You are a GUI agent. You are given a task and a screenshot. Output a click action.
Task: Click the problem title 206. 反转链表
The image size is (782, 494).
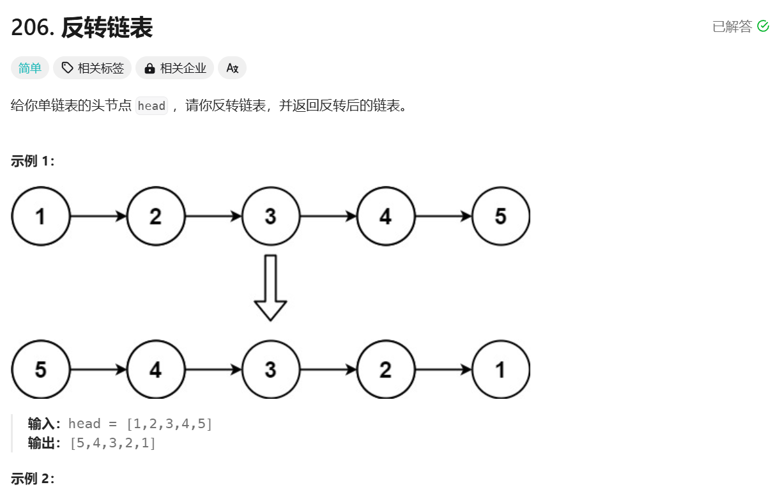[x=82, y=27]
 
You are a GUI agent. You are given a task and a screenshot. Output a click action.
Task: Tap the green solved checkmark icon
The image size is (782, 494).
[x=763, y=26]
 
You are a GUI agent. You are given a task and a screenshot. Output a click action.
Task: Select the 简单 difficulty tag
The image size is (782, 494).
[x=29, y=68]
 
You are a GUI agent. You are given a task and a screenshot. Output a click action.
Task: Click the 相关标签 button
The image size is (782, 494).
[x=92, y=68]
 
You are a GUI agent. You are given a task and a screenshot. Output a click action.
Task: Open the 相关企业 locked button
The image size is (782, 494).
[x=174, y=68]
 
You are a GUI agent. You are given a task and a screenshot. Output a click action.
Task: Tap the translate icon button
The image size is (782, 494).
[x=232, y=68]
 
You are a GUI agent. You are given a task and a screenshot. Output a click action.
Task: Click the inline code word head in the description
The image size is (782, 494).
[x=151, y=105]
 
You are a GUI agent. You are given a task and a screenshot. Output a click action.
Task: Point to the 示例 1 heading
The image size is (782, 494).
[x=33, y=161]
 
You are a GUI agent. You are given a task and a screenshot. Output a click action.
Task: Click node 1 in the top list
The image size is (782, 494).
[x=41, y=216]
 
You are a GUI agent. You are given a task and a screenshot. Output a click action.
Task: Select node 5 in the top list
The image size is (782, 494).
[x=501, y=216]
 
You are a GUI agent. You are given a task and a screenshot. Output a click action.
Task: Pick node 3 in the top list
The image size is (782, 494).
[x=271, y=216]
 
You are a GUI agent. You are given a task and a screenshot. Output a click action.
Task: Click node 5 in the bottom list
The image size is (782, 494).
[x=41, y=369]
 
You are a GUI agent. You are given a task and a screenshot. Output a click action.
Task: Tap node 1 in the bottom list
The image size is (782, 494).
[x=501, y=369]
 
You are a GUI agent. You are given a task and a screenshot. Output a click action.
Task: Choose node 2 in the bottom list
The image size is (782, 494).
[x=386, y=369]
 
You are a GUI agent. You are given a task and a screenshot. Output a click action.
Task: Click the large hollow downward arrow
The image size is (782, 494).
[x=270, y=288]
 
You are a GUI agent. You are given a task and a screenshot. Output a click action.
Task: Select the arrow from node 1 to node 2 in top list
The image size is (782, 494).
[x=98, y=216]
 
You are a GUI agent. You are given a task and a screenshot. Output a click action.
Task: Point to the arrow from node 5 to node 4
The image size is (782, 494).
[x=98, y=369]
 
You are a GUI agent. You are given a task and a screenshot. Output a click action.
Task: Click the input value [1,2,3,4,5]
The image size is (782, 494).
[x=169, y=424]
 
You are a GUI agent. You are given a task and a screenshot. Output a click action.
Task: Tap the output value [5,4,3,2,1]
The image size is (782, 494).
[x=112, y=443]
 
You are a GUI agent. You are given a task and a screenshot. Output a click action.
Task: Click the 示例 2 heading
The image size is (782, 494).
[x=33, y=479]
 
